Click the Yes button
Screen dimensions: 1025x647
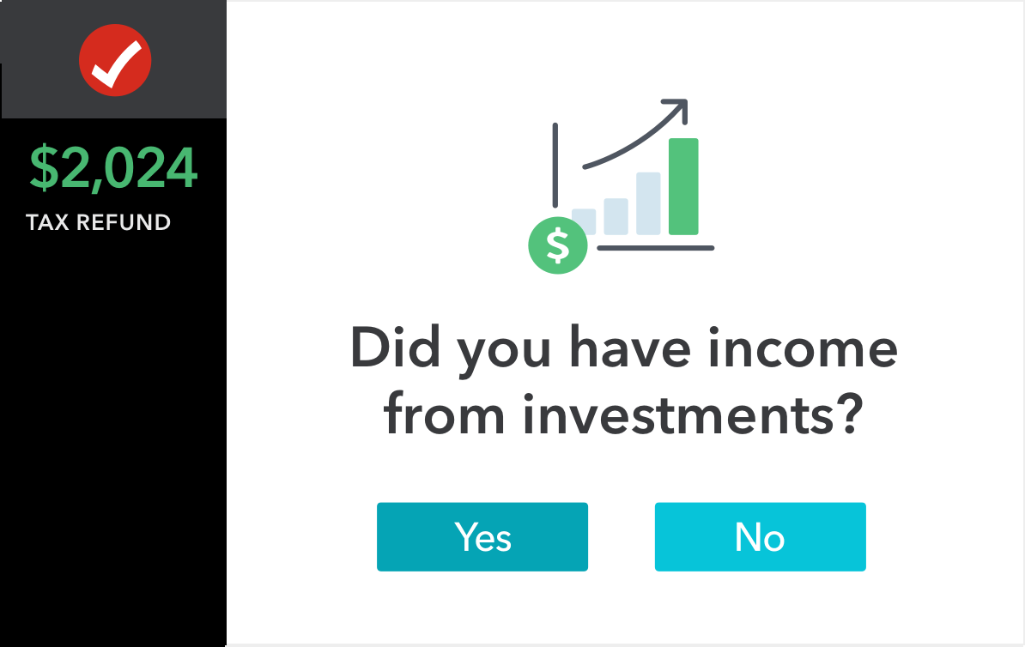(482, 536)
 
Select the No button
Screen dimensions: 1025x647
(761, 536)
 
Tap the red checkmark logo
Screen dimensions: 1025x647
(115, 60)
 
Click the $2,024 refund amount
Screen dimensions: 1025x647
(113, 168)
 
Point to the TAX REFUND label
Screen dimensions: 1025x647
(98, 222)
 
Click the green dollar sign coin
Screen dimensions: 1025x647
(558, 245)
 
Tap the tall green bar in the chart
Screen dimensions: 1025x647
(684, 186)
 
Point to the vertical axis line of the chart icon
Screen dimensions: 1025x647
(555, 165)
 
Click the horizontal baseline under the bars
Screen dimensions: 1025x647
(656, 248)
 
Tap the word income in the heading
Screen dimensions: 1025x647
(803, 347)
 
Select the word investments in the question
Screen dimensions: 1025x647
(678, 414)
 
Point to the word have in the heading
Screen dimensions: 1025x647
(630, 347)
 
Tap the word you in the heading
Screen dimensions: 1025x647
(504, 354)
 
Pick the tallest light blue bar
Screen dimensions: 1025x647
(648, 203)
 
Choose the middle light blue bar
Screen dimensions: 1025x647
(616, 216)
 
